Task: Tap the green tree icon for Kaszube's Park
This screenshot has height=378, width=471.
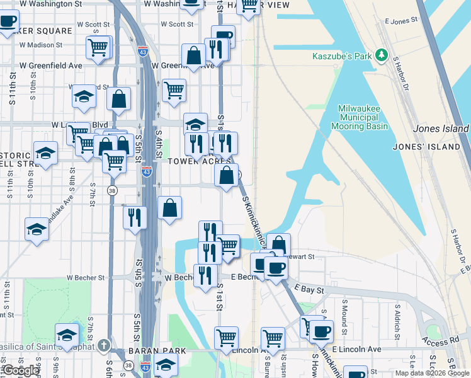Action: pos(381,55)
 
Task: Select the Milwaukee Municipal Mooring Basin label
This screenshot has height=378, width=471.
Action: pos(359,117)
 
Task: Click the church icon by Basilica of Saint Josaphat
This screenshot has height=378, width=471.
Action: pos(103,345)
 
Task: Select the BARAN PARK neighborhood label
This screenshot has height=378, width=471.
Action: pos(157,351)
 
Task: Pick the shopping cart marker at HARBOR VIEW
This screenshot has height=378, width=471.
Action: pos(249,5)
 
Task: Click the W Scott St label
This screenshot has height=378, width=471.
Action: pos(177,25)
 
